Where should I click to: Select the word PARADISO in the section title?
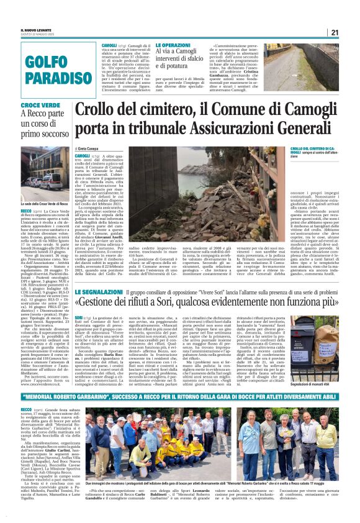(x=46, y=78)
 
